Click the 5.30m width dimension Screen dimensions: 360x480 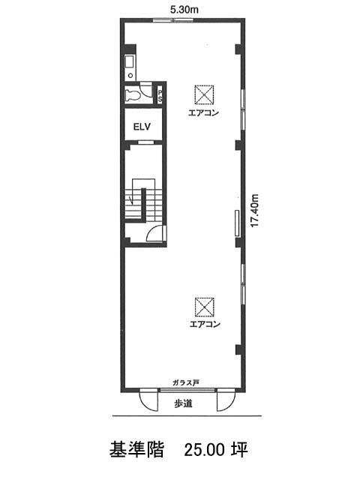184,10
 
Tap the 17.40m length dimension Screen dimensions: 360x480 255,210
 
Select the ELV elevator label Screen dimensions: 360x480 142,127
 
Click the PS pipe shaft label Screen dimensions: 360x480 160,95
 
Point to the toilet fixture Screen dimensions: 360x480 133,96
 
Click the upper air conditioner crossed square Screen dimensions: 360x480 204,94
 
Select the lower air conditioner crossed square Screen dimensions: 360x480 205,307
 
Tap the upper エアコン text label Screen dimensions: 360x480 203,113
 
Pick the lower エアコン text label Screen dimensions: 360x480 205,325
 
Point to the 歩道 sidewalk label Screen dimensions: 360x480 183,403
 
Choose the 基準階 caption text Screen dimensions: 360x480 136,450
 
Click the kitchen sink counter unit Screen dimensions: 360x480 130,67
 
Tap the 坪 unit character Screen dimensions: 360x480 240,450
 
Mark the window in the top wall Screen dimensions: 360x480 173,20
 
